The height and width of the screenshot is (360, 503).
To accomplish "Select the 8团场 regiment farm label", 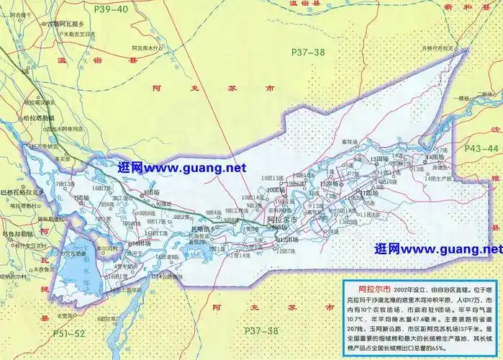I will pyautogui.click(x=151, y=193).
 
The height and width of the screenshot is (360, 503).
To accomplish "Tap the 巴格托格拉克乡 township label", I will pyautogui.click(x=22, y=192).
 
